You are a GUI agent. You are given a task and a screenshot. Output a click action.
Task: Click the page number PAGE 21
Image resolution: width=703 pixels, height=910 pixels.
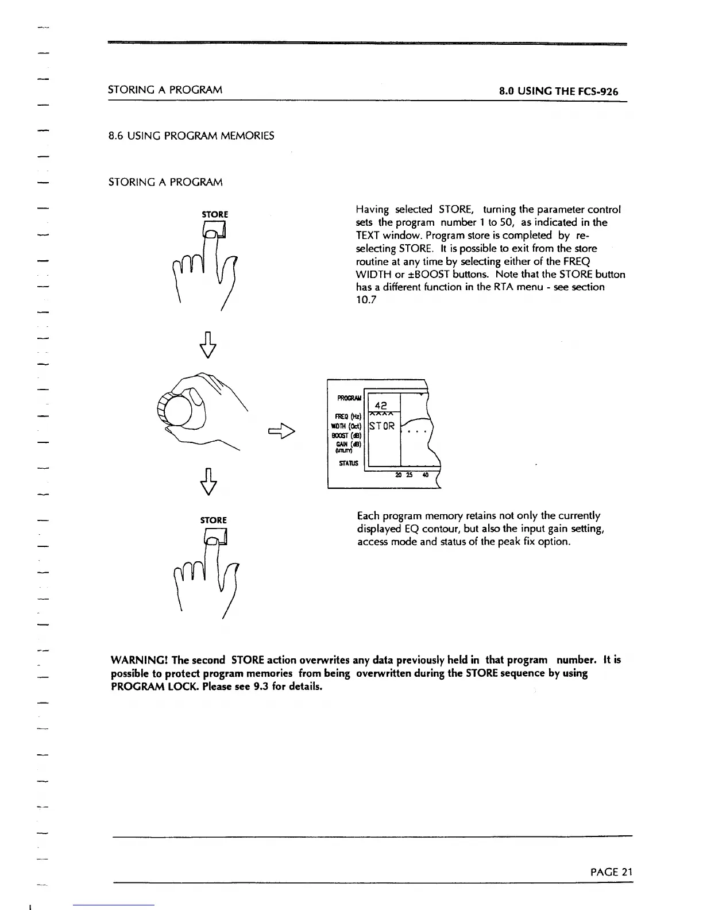[x=611, y=872]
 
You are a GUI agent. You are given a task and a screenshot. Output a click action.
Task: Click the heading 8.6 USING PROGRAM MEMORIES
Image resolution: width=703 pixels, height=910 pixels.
[x=191, y=136]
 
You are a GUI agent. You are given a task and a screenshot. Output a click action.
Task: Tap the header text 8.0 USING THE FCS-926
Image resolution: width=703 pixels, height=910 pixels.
[x=558, y=91]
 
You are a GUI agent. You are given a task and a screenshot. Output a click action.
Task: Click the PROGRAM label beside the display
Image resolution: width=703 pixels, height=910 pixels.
[x=349, y=398]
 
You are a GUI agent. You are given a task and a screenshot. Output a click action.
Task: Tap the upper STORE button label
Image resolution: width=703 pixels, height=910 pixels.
[x=215, y=214]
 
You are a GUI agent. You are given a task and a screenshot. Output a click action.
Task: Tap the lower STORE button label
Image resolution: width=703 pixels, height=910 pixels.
[x=214, y=520]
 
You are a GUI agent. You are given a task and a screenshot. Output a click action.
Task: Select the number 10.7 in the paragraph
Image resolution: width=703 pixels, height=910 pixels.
[x=366, y=300]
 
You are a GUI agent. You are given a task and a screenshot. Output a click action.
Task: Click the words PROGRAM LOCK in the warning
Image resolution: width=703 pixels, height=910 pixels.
[x=147, y=687]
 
